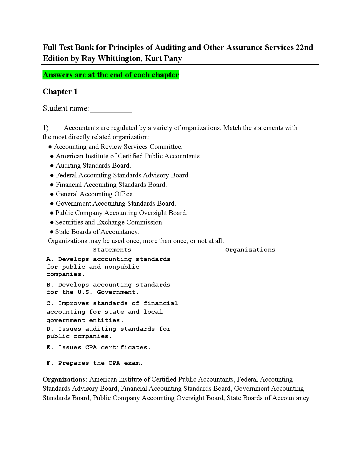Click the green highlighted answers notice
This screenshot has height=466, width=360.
[111, 75]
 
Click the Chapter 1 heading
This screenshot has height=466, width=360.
[60, 92]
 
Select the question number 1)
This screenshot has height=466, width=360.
[46, 128]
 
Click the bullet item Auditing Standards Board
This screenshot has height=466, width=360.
[93, 166]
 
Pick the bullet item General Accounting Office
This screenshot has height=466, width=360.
[94, 194]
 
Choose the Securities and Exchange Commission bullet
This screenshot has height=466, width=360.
[109, 222]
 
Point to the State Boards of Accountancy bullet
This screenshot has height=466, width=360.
[97, 232]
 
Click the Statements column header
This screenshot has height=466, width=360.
[112, 250]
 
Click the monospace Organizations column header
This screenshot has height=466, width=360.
[250, 250]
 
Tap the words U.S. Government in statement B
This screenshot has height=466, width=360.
[108, 292]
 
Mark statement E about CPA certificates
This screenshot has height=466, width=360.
[98, 347]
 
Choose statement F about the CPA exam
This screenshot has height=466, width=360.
[94, 363]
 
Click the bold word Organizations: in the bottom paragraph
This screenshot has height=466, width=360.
[65, 380]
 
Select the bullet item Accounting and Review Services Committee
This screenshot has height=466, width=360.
[118, 147]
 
